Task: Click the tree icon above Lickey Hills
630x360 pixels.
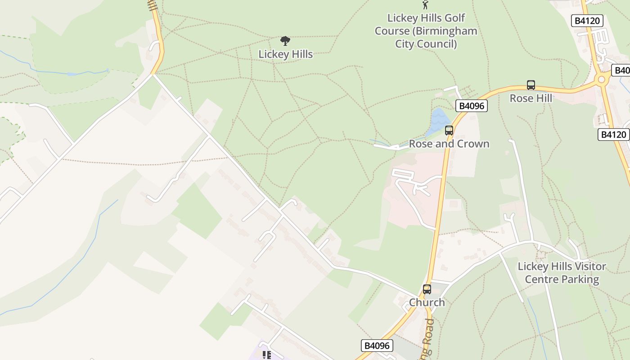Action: pos(285,41)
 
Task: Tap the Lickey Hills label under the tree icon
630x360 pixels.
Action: pos(285,54)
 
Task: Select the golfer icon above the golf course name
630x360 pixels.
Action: pos(425,4)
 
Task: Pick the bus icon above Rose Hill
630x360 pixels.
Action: pos(531,85)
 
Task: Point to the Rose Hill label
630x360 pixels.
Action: pos(531,98)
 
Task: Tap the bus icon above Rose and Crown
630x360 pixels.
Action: pos(449,130)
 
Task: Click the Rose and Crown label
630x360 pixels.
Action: pos(449,144)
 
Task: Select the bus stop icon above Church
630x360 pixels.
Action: pos(427,289)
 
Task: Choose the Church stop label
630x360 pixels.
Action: pos(427,302)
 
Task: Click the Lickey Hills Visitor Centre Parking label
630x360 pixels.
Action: pos(562,273)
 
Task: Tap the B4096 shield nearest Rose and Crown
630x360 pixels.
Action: pos(471,106)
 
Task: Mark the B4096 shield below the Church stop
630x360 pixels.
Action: pos(377,346)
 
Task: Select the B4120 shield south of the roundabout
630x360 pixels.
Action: pos(613,134)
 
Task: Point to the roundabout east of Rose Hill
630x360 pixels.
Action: pos(601,80)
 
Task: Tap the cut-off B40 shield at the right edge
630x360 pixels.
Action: pos(621,70)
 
